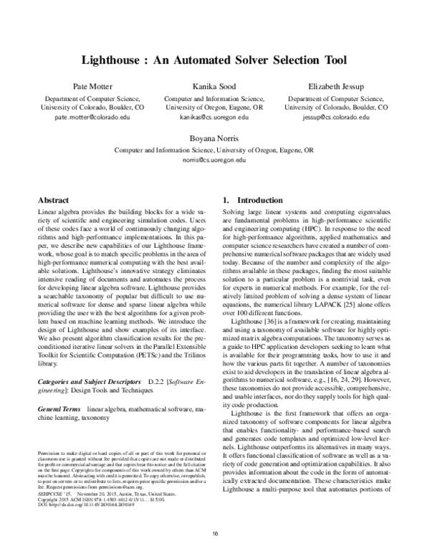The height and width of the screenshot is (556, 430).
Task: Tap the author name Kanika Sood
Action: [x=215, y=86]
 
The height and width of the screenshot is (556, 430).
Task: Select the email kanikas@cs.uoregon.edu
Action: [x=215, y=116]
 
